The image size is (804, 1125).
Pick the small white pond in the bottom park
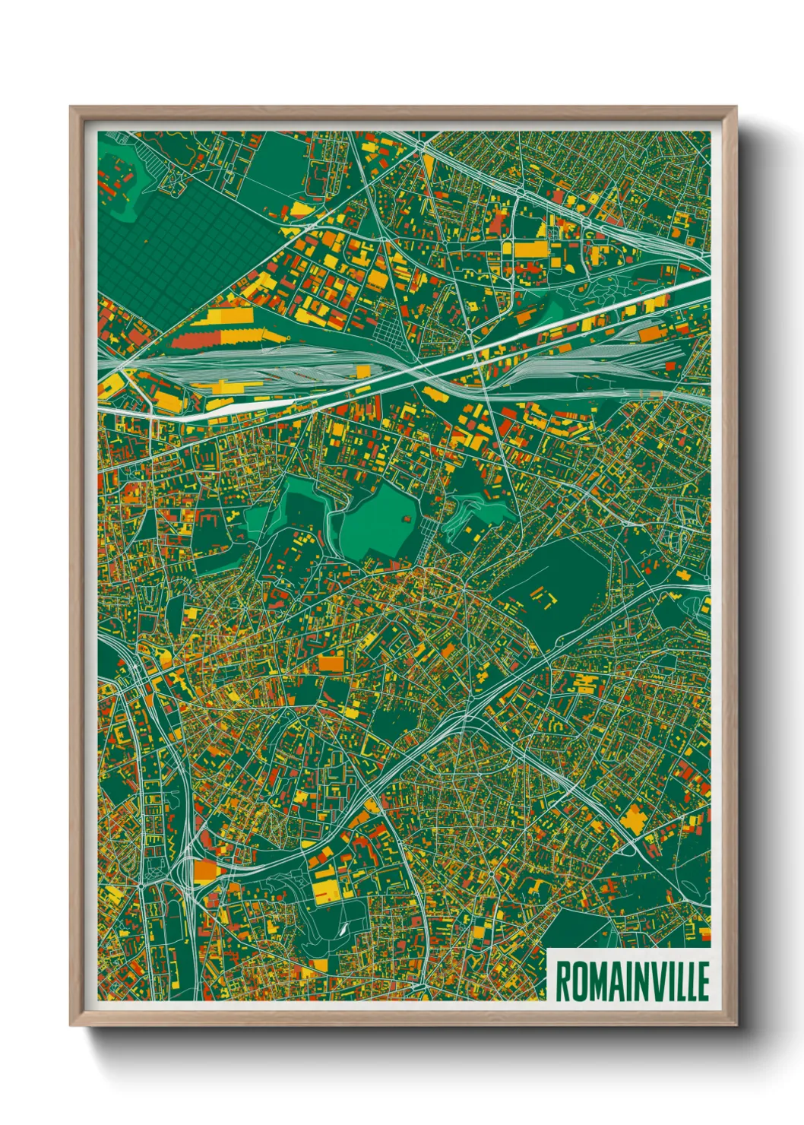tap(343, 929)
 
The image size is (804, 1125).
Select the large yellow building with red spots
tap(328, 886)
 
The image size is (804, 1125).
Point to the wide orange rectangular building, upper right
tap(530, 249)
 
